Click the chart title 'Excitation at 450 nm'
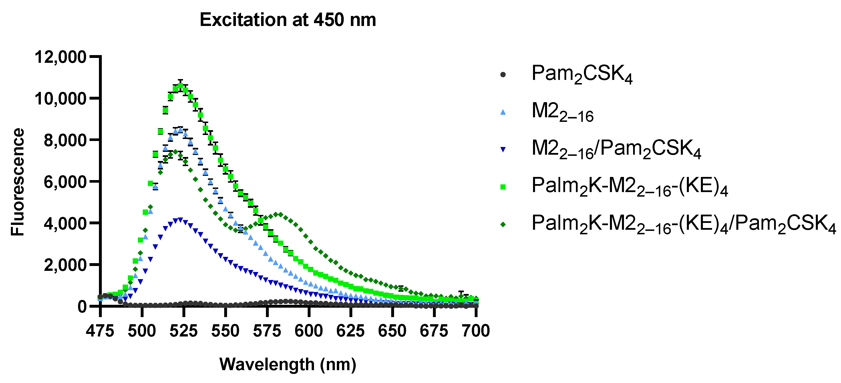288,20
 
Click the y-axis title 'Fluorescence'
18,182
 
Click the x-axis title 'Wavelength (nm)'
288,364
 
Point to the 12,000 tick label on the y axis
60,57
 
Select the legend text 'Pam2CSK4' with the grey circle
581,74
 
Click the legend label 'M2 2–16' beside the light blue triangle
562,112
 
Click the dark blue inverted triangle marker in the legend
503,150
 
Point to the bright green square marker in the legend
503,187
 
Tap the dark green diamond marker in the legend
503,225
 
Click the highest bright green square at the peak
180,86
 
